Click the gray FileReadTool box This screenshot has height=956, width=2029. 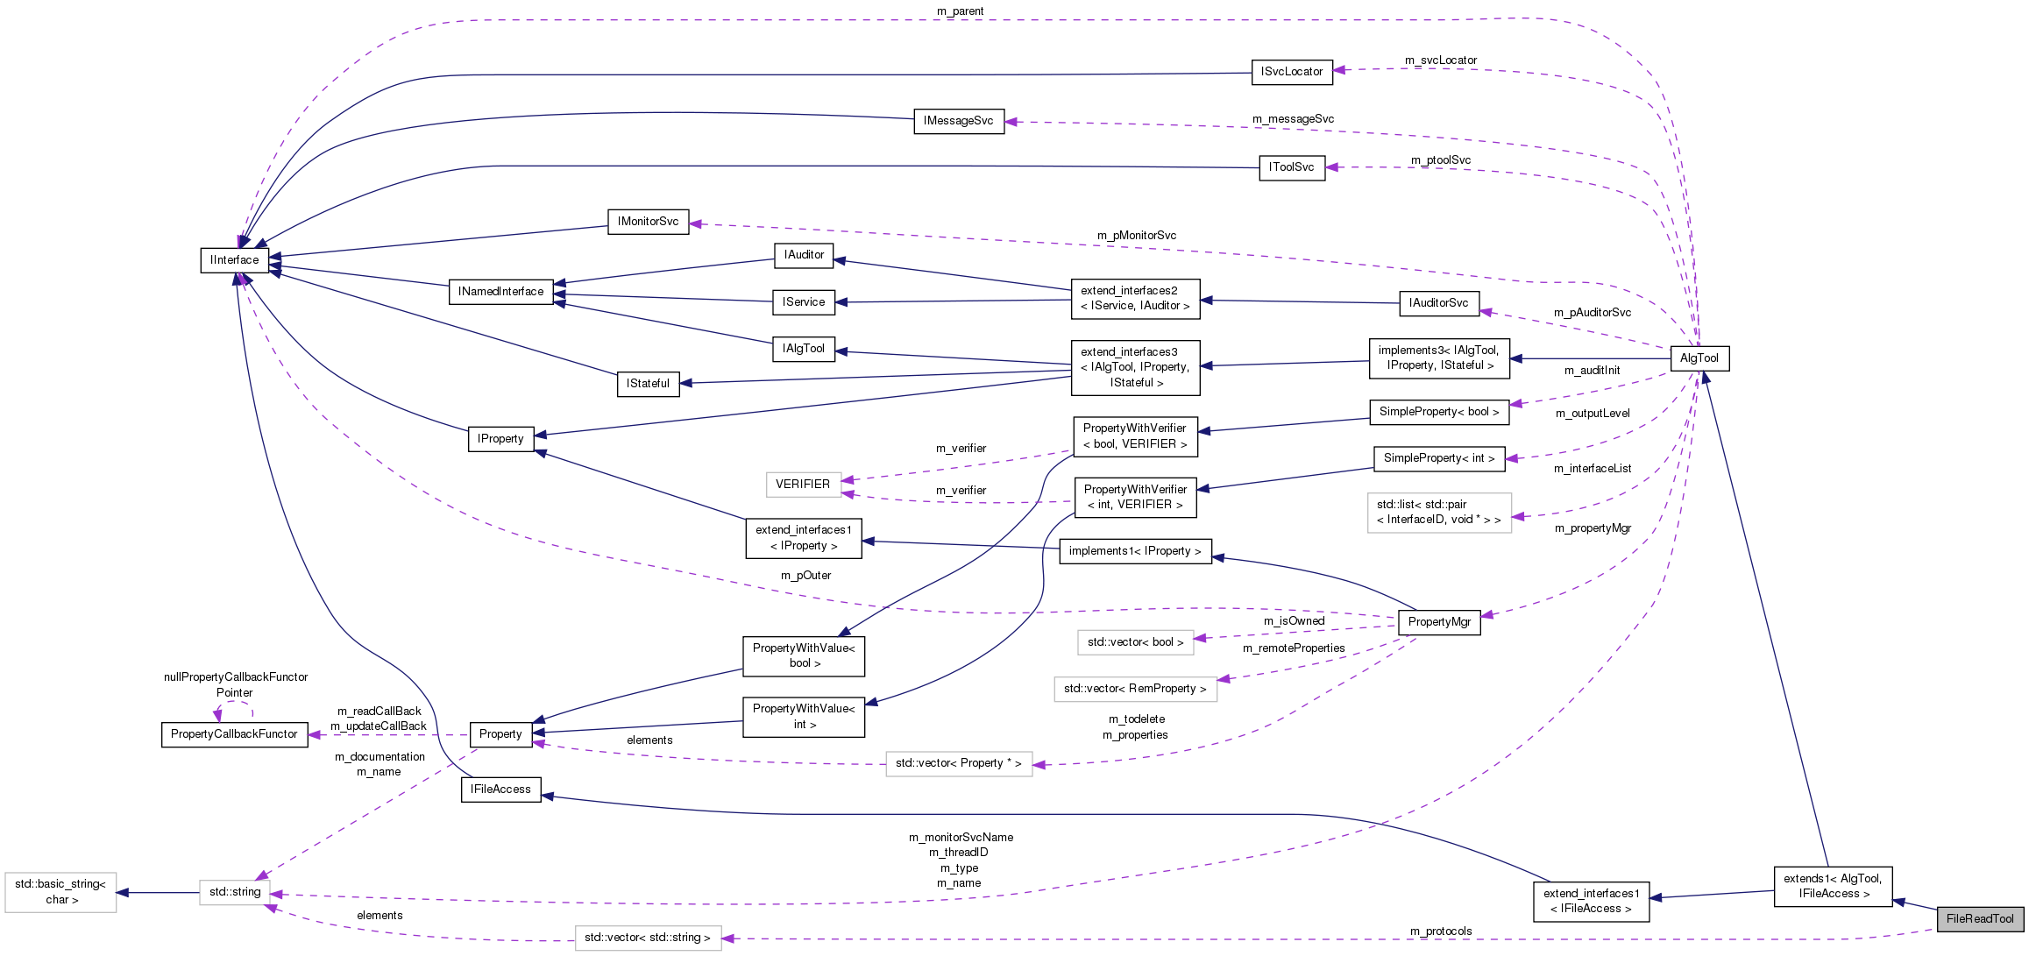click(1980, 918)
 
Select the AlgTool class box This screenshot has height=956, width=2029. click(1699, 358)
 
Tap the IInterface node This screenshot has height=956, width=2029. click(234, 260)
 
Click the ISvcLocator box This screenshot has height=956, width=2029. click(1292, 72)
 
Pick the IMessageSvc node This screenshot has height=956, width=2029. click(958, 121)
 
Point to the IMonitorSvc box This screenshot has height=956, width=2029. click(648, 221)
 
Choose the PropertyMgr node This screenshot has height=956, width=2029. click(1439, 621)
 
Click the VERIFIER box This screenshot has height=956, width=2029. click(803, 484)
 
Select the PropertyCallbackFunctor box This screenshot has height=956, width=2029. click(234, 734)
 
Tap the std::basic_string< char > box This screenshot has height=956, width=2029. click(60, 892)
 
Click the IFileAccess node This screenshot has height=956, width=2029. click(500, 789)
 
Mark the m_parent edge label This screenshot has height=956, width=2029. click(961, 11)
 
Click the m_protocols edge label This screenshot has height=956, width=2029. click(1441, 931)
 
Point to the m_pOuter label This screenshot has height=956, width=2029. click(805, 576)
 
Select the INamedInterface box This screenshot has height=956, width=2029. click(500, 292)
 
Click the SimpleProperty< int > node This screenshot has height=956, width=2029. click(1439, 457)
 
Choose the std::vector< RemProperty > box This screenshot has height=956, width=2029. click(1135, 689)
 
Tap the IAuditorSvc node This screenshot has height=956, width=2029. click(1438, 303)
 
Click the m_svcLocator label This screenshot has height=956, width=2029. click(1441, 60)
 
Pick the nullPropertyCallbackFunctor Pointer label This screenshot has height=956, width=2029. click(236, 684)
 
